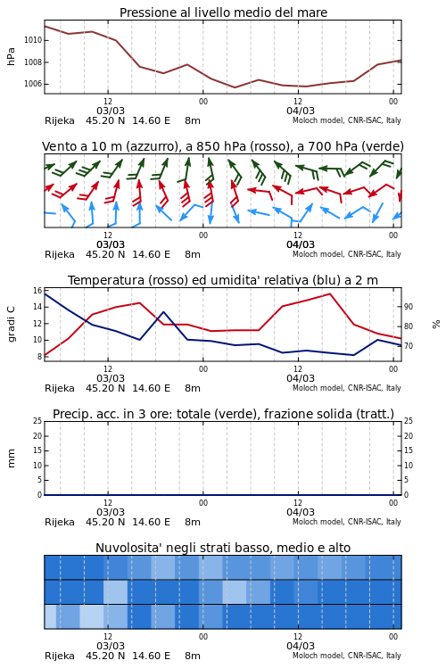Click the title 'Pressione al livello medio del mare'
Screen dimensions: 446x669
point(223,12)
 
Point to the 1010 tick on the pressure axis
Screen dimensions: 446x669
point(33,40)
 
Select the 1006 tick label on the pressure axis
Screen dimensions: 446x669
point(33,84)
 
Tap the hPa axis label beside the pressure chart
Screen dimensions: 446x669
point(11,57)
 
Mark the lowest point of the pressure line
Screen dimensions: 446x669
point(235,87)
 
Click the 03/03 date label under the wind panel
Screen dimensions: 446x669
point(111,244)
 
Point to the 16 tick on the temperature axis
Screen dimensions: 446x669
point(37,291)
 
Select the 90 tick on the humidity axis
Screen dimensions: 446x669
point(409,307)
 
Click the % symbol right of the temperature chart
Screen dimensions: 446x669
point(436,325)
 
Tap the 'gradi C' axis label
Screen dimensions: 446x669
point(11,324)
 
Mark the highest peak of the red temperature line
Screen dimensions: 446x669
point(330,293)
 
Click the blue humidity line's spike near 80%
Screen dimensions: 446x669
point(164,312)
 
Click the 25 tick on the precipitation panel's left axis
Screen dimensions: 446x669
point(37,421)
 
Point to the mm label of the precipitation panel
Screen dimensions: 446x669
point(11,458)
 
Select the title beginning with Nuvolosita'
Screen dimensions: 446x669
point(223,548)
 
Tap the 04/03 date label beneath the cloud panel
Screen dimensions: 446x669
point(301,646)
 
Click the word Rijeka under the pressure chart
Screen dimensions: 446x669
point(60,120)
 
